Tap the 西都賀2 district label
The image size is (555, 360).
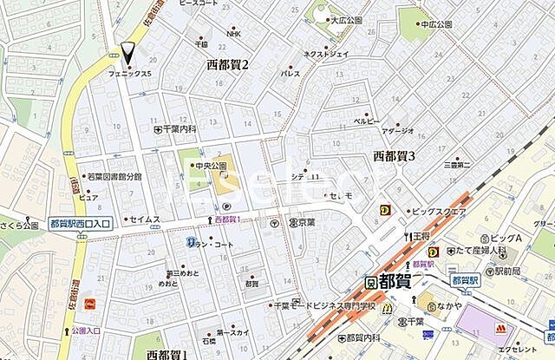[227, 64]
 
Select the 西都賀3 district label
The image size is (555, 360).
[395, 155]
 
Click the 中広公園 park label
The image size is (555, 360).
[436, 25]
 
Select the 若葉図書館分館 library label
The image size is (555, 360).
[117, 176]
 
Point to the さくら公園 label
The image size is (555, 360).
[20, 226]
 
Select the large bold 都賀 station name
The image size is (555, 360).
[398, 281]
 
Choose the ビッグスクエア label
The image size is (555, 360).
[439, 210]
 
